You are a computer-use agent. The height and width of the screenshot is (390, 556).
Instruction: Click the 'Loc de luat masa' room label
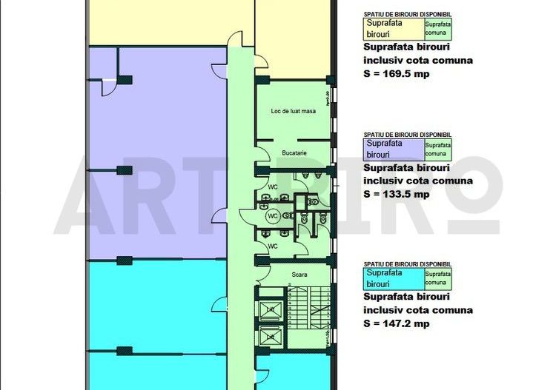point(289,111)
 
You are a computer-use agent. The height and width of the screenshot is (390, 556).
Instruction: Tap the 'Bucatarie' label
point(294,153)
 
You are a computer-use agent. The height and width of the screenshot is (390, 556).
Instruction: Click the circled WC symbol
point(272,215)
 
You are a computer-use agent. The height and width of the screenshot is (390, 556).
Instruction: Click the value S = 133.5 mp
point(397,194)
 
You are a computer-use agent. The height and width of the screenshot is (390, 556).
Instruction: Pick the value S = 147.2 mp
point(397,323)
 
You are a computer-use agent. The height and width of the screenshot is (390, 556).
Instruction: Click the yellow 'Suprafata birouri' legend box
point(392,29)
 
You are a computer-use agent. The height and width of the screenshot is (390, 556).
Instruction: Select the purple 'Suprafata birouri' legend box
point(392,149)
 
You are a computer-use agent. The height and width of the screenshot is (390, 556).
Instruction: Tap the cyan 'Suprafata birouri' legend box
point(392,278)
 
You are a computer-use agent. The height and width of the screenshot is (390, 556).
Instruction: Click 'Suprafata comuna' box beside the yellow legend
point(437,29)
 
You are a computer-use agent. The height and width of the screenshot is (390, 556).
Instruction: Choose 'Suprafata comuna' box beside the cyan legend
point(437,278)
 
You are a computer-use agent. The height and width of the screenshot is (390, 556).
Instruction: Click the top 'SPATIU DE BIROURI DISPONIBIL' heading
point(407,14)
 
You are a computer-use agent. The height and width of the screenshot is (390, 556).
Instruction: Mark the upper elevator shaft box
point(271,309)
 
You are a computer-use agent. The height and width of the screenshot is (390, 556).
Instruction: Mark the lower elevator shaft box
point(271,337)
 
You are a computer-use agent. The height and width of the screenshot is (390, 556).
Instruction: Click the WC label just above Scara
point(272,246)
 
